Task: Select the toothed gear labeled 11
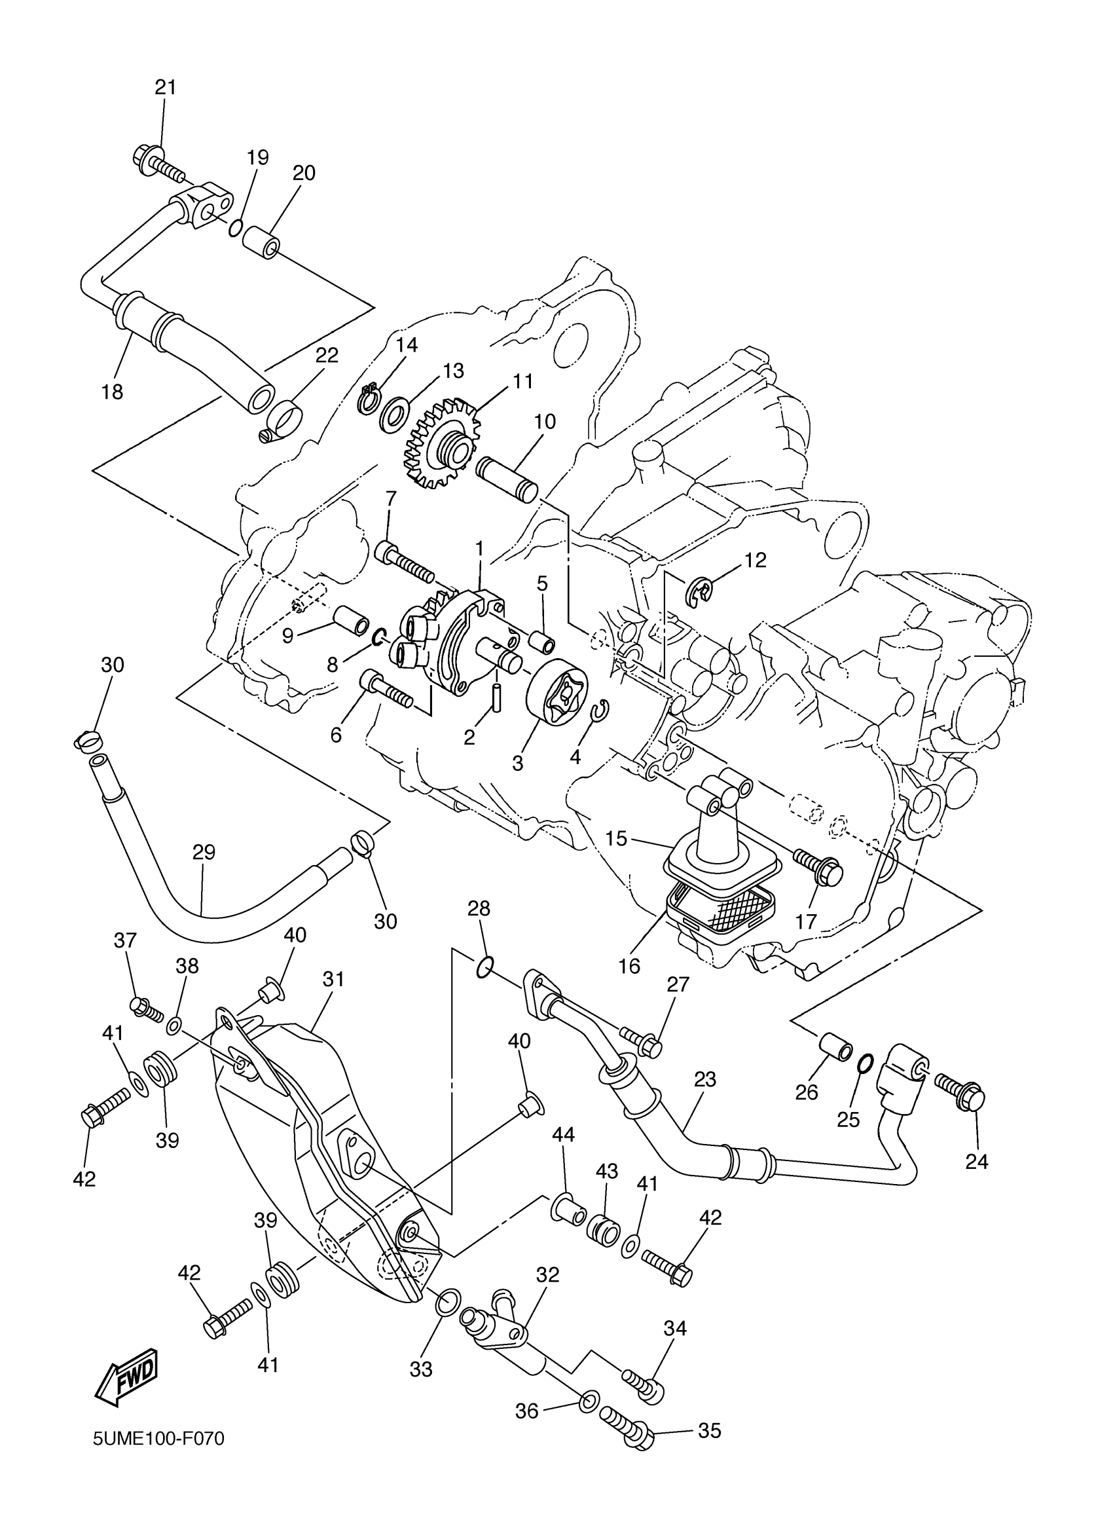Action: click(444, 444)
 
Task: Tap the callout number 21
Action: click(165, 87)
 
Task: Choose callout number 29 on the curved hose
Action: click(204, 852)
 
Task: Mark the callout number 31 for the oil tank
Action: click(333, 979)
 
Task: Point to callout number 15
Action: click(616, 838)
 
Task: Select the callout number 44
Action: click(563, 1134)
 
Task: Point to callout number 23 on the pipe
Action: click(704, 1079)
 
